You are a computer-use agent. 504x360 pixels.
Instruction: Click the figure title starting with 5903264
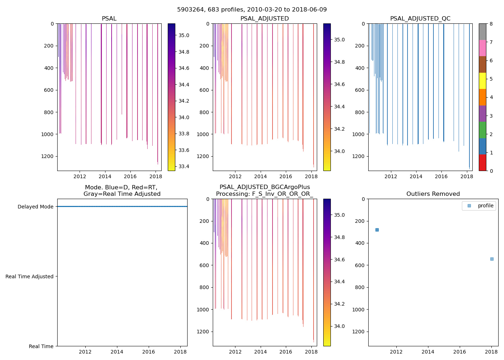pyautogui.click(x=252, y=10)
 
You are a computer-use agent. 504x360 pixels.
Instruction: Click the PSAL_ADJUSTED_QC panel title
pyautogui.click(x=420, y=19)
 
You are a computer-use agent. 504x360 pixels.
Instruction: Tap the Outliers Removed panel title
pyautogui.click(x=433, y=194)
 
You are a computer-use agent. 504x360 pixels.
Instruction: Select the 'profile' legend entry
pyautogui.click(x=485, y=206)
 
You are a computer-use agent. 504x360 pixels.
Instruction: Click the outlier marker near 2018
pyautogui.click(x=492, y=259)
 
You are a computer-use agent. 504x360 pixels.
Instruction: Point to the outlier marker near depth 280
pyautogui.click(x=377, y=230)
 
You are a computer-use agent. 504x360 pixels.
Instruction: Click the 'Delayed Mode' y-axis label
pyautogui.click(x=35, y=207)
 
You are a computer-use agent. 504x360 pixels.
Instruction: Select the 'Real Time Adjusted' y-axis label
pyautogui.click(x=30, y=276)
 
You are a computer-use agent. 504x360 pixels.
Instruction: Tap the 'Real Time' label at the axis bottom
pyautogui.click(x=41, y=346)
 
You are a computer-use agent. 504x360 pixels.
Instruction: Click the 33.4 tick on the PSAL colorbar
pyautogui.click(x=184, y=166)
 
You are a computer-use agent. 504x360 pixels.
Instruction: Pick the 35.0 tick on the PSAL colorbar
pyautogui.click(x=184, y=35)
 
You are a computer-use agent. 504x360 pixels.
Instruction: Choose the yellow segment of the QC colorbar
pyautogui.click(x=482, y=81)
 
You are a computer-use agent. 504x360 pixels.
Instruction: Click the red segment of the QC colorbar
pyautogui.click(x=482, y=162)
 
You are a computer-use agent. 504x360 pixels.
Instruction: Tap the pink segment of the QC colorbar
pyautogui.click(x=482, y=48)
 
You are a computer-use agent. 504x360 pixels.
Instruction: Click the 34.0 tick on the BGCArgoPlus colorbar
pyautogui.click(x=339, y=326)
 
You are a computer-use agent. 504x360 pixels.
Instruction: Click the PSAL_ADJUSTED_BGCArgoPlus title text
pyautogui.click(x=265, y=187)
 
